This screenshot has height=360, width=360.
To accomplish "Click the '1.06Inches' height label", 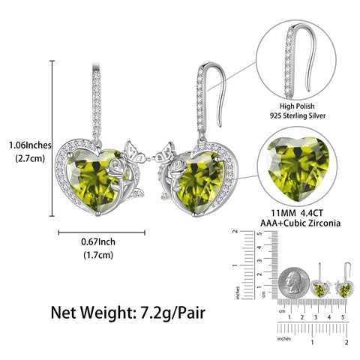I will [25, 144].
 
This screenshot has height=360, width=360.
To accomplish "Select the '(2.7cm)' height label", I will [25, 158].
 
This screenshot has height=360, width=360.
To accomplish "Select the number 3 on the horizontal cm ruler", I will [315, 318].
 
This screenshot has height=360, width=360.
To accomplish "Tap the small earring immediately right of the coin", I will [320, 288].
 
